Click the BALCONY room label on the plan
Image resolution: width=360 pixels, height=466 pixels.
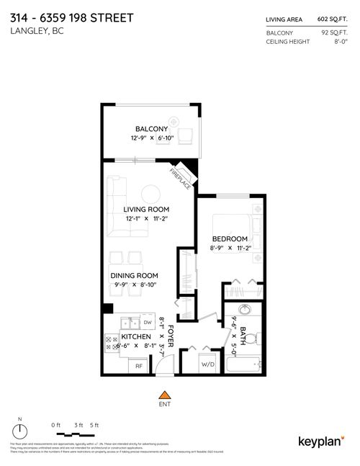[x=151, y=129]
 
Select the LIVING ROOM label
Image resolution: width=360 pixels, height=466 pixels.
[x=146, y=209]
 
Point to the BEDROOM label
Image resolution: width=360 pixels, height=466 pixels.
[x=230, y=238]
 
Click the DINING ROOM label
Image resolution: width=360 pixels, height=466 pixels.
[x=134, y=275]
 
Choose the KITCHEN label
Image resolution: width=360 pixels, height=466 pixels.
[x=135, y=336]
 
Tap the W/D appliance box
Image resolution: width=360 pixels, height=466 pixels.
[x=208, y=364]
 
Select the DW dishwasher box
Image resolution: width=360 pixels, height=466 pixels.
[x=147, y=322]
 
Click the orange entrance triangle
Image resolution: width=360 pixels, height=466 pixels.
[x=165, y=395]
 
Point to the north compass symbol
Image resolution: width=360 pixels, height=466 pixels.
[x=20, y=431]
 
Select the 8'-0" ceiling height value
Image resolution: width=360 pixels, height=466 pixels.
[x=340, y=42]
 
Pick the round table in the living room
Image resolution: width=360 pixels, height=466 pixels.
[x=151, y=193]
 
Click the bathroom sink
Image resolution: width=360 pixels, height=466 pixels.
[x=243, y=312]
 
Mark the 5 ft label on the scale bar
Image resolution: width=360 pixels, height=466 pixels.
[x=93, y=425]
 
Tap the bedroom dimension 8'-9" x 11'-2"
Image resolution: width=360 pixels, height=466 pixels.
[x=230, y=247]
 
